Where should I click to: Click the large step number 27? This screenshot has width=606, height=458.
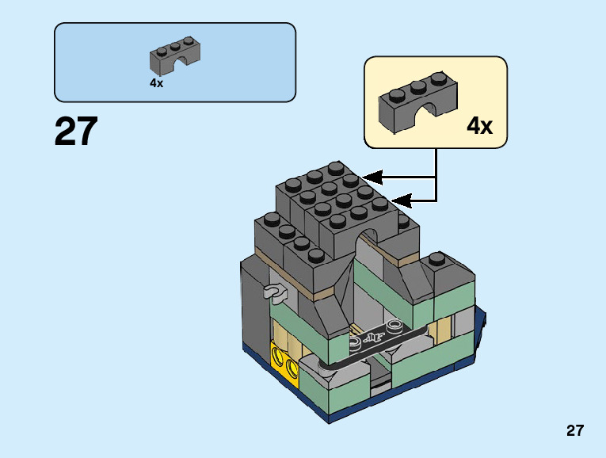pos(76,132)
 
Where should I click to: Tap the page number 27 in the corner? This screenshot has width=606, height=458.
pos(575,430)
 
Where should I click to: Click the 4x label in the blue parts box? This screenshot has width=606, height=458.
pos(157,82)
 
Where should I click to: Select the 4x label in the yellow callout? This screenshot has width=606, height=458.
pos(479,126)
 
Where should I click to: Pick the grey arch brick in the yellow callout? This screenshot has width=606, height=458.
pos(417,102)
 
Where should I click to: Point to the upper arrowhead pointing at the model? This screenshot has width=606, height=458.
pos(372,177)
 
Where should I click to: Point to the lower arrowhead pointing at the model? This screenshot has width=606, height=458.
pos(401,201)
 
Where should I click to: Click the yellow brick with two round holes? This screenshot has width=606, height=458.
pos(284,360)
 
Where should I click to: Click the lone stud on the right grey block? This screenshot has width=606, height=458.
pos(436,258)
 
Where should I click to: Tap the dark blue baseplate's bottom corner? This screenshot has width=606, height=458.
pos(329,423)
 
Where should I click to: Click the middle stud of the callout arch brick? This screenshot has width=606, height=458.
pos(418,87)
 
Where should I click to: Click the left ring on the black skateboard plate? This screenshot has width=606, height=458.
pos(354,341)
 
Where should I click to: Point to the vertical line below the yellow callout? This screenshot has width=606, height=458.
pos(436,174)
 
